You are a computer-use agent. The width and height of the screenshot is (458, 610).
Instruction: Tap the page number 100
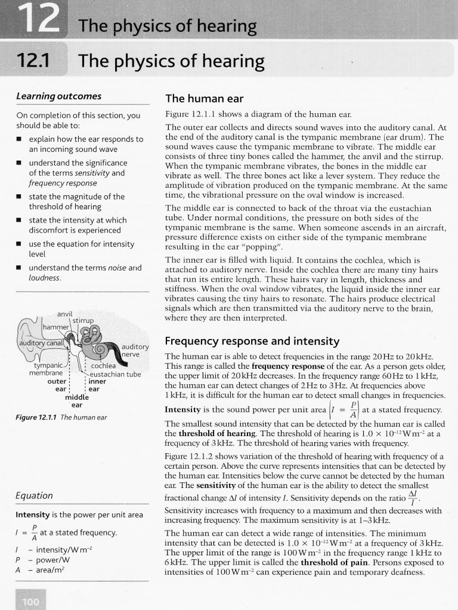(30, 602)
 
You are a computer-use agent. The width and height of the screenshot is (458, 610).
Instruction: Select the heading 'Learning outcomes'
(58, 97)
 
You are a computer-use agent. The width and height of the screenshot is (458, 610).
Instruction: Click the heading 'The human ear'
(201, 98)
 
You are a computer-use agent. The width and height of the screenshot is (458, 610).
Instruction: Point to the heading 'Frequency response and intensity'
(252, 341)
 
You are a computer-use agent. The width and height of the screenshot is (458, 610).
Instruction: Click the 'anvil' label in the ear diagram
(65, 313)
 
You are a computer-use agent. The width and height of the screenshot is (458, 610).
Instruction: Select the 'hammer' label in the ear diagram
(55, 327)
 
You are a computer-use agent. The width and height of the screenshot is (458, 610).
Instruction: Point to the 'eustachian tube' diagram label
(116, 374)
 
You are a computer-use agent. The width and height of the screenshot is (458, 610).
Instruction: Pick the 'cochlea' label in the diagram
(103, 366)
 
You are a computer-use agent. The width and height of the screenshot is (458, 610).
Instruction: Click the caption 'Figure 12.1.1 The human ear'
(61, 417)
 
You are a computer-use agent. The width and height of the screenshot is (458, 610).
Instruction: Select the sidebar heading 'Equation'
(34, 496)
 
